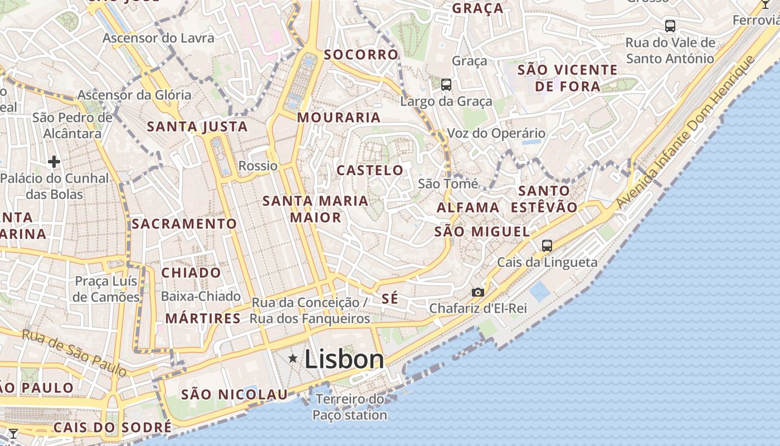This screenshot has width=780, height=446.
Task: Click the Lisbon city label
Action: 344,360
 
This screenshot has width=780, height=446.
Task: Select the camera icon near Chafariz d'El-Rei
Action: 477,292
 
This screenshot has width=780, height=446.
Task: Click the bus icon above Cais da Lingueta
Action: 547,245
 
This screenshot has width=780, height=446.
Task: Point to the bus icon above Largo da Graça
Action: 446,85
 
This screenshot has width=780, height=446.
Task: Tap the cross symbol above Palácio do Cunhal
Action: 53,162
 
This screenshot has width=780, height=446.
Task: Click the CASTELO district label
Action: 370,170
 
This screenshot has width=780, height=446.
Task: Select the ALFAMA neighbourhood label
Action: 468,207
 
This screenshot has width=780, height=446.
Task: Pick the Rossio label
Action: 257,166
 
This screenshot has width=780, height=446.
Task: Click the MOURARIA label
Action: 339,118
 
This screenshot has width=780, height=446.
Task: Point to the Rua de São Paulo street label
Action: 75,353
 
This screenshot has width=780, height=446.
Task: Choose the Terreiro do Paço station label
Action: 349,407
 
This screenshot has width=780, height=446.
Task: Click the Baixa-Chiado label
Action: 201,296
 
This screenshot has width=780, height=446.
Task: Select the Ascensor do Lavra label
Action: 158,38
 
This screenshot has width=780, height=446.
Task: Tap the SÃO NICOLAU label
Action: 234,395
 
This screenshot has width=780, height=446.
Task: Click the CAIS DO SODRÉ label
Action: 113,428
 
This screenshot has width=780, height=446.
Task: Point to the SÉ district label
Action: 390,298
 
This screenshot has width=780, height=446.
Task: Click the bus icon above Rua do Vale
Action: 670,26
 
